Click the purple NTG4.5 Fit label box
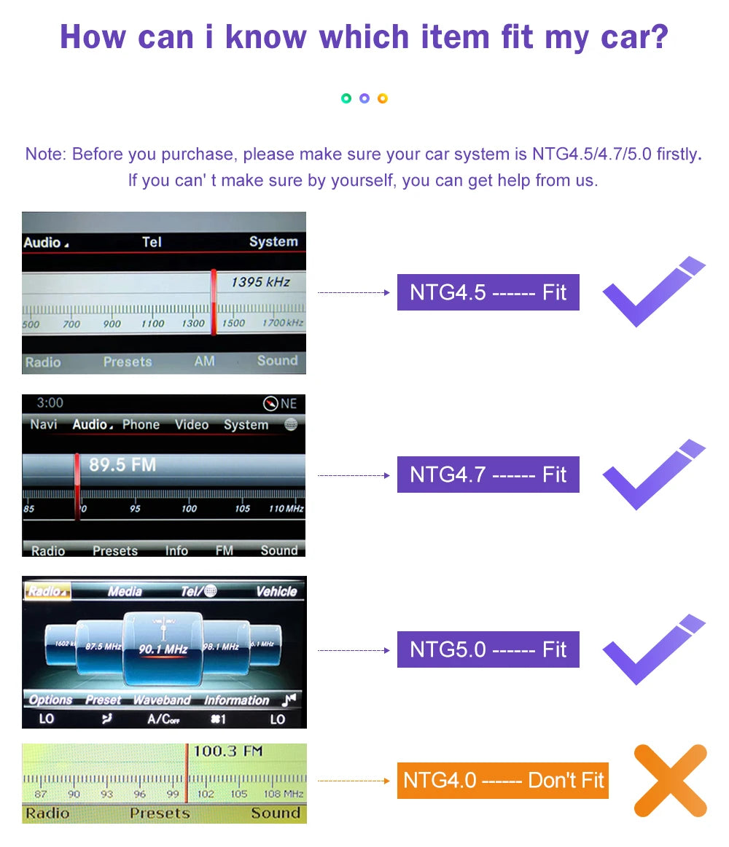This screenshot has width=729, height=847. point(488,292)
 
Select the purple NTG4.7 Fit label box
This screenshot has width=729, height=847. point(488,475)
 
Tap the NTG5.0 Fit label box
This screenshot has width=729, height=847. point(488,649)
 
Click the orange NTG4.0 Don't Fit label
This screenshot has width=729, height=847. point(502,780)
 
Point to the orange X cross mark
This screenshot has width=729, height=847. point(670,780)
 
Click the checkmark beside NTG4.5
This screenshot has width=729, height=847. point(652,292)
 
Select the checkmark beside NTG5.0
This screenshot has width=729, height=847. point(652,649)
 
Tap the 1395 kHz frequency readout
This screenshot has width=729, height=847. point(260,282)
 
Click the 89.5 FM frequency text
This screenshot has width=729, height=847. point(122,465)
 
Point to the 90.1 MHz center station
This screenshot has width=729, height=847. point(164,649)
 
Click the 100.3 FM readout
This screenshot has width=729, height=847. point(227,752)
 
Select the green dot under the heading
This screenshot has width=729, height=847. point(346,98)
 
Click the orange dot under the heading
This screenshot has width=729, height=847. point(383,98)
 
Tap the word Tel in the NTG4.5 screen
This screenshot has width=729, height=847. point(152,242)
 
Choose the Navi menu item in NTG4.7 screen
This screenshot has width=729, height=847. point(44,424)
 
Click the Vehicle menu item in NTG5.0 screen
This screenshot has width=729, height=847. point(276,591)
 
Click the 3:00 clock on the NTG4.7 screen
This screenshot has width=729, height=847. point(50,403)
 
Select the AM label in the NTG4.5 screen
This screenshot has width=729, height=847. point(204,361)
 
